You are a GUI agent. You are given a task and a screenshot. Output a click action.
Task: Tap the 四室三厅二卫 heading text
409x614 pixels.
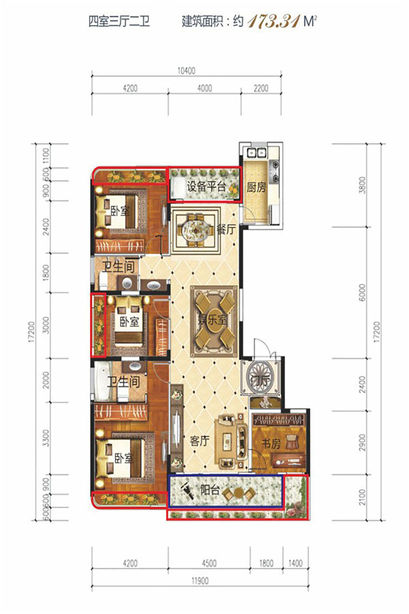pyautogui.click(x=119, y=22)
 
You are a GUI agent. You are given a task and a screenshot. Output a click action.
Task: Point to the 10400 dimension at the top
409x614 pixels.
pyautogui.click(x=186, y=71)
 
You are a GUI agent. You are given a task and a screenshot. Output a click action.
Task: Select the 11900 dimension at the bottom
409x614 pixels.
pyautogui.click(x=200, y=581)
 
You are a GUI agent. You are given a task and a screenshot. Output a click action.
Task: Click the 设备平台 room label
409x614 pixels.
pyautogui.click(x=206, y=187)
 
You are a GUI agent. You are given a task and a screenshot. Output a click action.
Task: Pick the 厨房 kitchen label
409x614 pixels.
pyautogui.click(x=256, y=187)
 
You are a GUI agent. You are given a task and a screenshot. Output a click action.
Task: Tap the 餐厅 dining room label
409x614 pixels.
pyautogui.click(x=226, y=229)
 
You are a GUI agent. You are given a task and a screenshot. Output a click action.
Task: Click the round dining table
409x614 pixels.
pyautogui.click(x=194, y=229)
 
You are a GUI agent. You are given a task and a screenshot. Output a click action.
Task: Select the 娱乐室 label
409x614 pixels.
pyautogui.click(x=213, y=320)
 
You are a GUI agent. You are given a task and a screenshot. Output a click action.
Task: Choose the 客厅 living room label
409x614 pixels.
pyautogui.click(x=200, y=441)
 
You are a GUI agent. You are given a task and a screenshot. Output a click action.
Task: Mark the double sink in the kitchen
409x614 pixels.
pyautogui.click(x=256, y=152)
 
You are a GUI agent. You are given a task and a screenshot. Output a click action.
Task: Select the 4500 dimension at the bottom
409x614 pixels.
pyautogui.click(x=209, y=563)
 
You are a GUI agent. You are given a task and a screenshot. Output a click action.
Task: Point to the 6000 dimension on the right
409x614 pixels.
pyautogui.click(x=362, y=293)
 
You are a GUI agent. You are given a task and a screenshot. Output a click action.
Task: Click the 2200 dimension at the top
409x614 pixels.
pyautogui.click(x=261, y=88)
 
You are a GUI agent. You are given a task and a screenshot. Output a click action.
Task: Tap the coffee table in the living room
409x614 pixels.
pyautogui.click(x=227, y=442)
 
